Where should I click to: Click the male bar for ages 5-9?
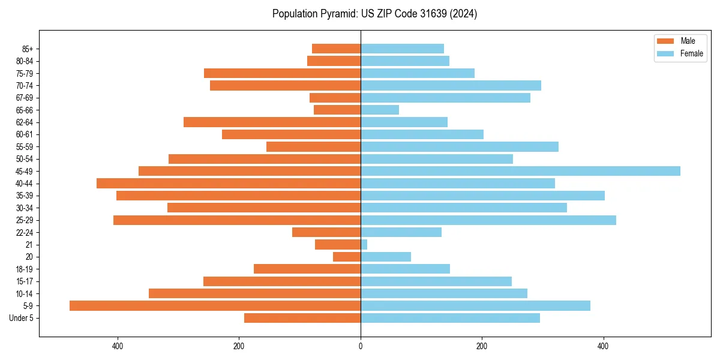pyautogui.click(x=215, y=305)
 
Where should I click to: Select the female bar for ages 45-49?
pyautogui.click(x=520, y=171)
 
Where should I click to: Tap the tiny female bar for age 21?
pyautogui.click(x=364, y=244)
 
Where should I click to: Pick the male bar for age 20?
pyautogui.click(x=347, y=257)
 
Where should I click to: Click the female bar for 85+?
pyautogui.click(x=402, y=49)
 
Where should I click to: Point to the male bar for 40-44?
pyautogui.click(x=229, y=183)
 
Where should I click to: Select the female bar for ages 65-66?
pyautogui.click(x=380, y=110)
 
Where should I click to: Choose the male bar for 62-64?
pyautogui.click(x=272, y=122)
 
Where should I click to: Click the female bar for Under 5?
pyautogui.click(x=450, y=318)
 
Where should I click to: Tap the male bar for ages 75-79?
pyautogui.click(x=282, y=73)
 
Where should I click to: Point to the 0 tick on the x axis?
pyautogui.click(x=361, y=346)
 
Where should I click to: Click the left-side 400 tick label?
pyautogui.click(x=118, y=346)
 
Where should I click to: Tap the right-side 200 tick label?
pyautogui.click(x=482, y=346)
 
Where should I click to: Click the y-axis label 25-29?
pyautogui.click(x=25, y=220)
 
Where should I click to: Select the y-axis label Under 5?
pyautogui.click(x=22, y=318)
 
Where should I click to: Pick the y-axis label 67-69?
pyautogui.click(x=25, y=98)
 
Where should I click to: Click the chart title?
pyautogui.click(x=374, y=14)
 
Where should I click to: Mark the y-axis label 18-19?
pyautogui.click(x=25, y=269)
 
